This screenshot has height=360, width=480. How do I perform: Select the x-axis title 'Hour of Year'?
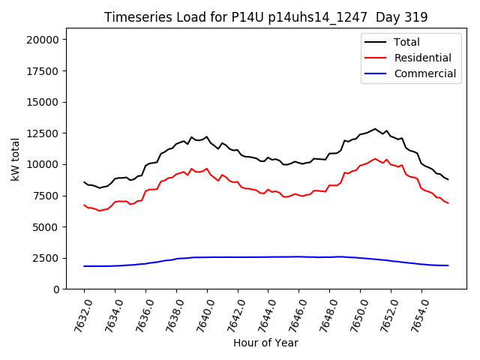(265, 343)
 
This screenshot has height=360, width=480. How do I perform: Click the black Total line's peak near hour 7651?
(375, 129)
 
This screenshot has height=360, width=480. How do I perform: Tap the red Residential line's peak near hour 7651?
(375, 159)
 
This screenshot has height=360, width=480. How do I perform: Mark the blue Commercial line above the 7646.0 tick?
(298, 256)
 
